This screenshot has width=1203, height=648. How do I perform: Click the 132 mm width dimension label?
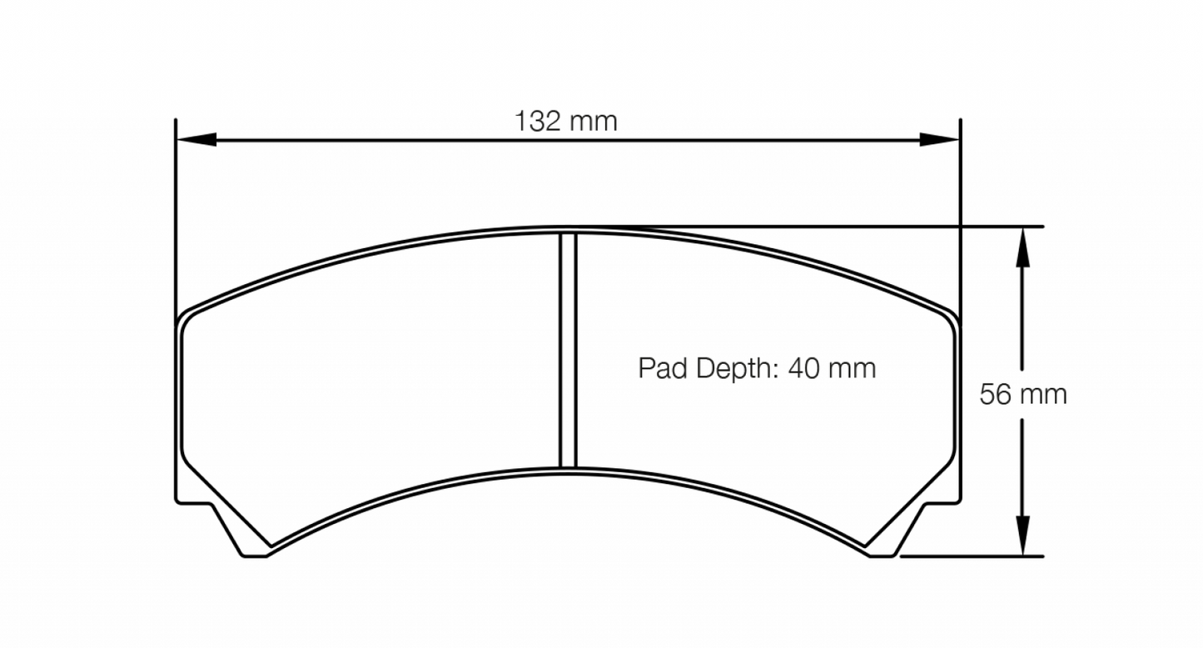566,122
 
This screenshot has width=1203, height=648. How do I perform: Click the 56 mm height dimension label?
1022,394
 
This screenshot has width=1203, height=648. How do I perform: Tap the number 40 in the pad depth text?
803,367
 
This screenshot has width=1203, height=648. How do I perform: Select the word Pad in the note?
664,367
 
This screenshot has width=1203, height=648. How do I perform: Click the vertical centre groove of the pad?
568,350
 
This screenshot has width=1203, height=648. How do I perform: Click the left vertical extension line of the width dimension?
176,208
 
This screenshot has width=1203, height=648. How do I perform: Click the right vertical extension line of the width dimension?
960,208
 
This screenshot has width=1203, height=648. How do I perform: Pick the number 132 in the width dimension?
539,122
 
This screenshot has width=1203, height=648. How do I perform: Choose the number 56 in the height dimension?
995,394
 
